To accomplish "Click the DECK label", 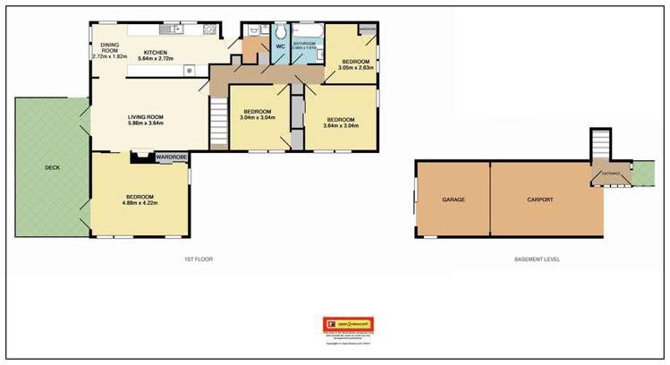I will [x=52, y=167].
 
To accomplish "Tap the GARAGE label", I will [x=453, y=199].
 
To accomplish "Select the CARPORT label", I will [x=539, y=199].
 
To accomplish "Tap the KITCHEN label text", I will [x=156, y=53].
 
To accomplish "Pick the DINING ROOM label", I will [x=110, y=48].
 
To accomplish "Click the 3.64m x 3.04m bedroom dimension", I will [x=340, y=125].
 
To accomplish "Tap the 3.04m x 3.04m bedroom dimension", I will [x=258, y=118].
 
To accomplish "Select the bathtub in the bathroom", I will [x=307, y=30].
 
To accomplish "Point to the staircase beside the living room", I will [x=219, y=124].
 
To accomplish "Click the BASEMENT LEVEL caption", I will [x=536, y=259].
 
